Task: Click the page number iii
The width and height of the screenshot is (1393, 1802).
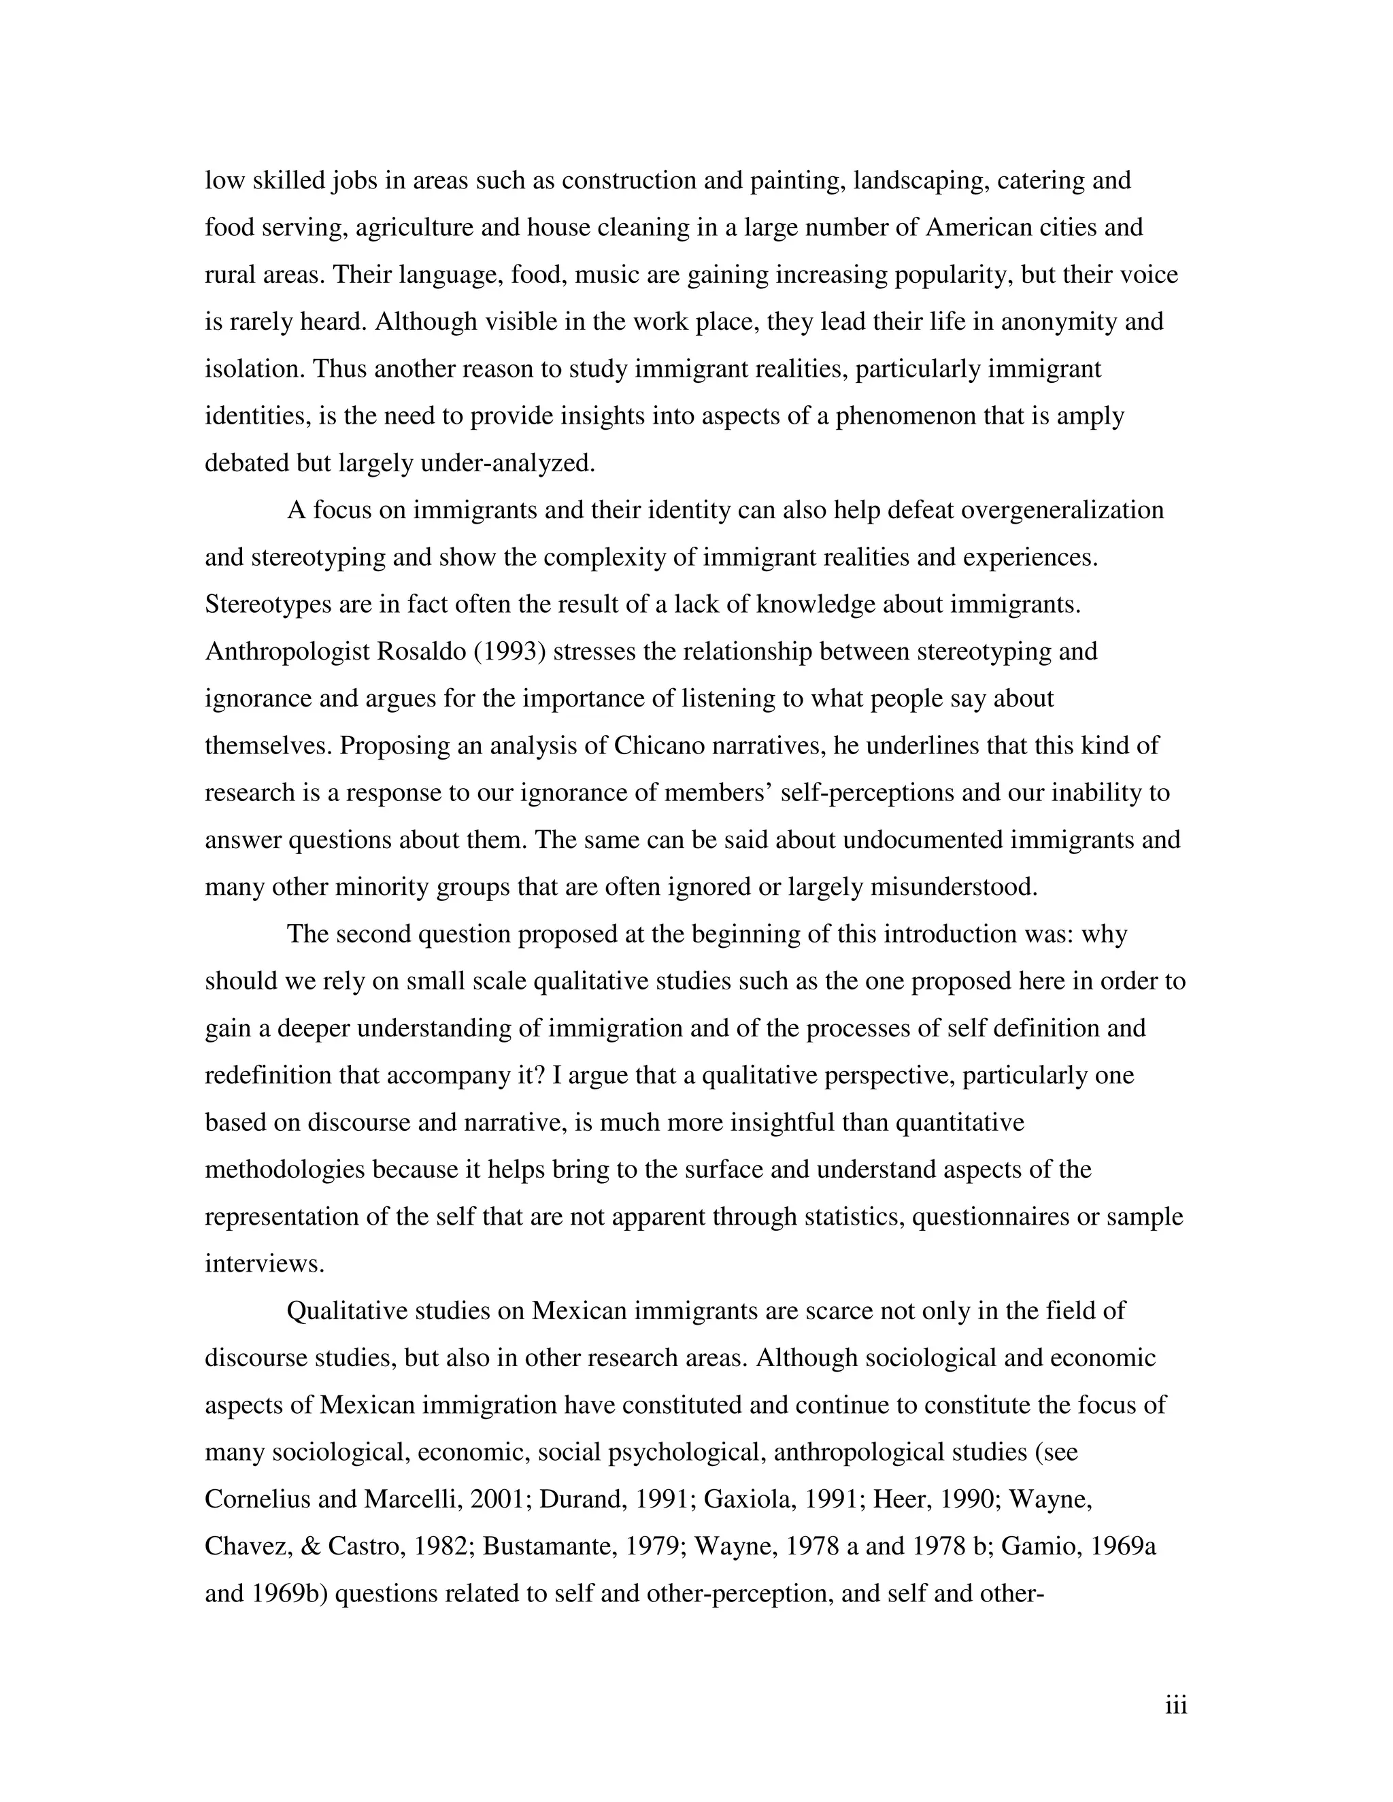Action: (1175, 1705)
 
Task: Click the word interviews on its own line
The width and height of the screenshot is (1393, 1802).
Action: (264, 1263)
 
